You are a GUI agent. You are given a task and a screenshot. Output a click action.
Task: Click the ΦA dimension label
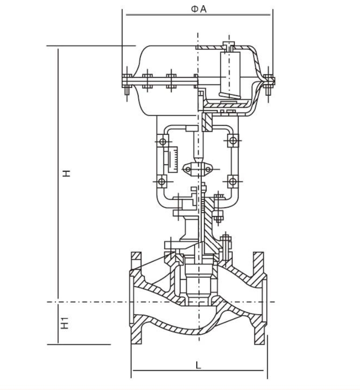(x=198, y=9)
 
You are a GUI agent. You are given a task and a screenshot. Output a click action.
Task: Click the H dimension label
(x=66, y=173)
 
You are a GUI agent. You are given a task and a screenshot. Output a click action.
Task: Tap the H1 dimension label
(x=65, y=323)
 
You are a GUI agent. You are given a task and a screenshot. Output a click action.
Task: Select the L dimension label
(x=198, y=365)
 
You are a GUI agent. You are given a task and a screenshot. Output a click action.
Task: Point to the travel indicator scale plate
(x=173, y=160)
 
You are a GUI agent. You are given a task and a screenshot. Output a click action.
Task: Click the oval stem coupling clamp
(x=198, y=169)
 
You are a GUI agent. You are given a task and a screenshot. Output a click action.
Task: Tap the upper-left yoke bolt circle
(x=163, y=142)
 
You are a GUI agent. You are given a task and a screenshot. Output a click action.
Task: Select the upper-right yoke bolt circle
(x=233, y=141)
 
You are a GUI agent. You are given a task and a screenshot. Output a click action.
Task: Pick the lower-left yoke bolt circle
(x=162, y=181)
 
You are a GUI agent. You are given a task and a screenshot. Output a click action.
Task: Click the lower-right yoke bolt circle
(x=233, y=181)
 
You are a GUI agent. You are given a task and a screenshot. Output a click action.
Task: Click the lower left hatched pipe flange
(x=136, y=334)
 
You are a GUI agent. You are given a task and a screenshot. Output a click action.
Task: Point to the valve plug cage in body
(x=198, y=284)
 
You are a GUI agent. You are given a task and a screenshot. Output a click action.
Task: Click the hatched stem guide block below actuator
(x=207, y=122)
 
